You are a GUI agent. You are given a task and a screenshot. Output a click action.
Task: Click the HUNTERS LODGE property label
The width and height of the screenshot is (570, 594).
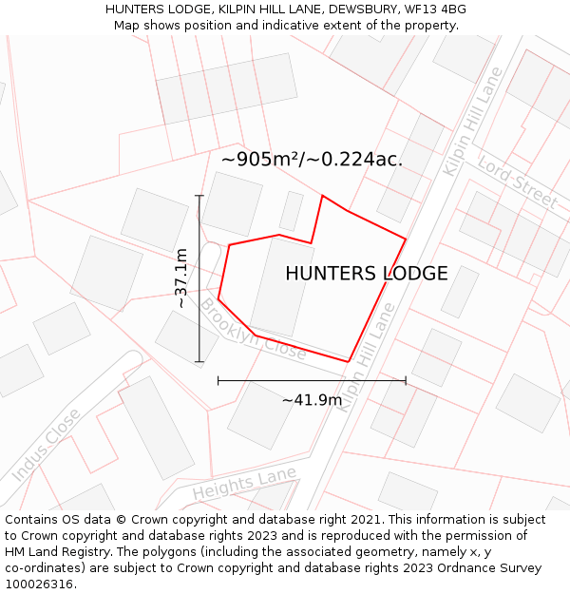(366, 274)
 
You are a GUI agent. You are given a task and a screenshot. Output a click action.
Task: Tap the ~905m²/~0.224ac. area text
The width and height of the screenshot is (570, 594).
(312, 159)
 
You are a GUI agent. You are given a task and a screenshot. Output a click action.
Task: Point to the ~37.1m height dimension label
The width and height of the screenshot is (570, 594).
(180, 278)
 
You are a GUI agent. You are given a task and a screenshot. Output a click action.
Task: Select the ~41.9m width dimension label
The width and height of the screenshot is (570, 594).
(312, 400)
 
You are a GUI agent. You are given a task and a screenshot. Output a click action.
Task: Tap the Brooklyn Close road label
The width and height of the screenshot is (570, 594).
(253, 330)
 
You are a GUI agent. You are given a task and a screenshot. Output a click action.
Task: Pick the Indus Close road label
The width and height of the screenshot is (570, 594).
(46, 445)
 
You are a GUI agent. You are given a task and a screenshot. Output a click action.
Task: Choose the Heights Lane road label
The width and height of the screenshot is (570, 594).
(244, 484)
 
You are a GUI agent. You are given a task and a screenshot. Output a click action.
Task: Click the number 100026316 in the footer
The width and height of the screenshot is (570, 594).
(40, 584)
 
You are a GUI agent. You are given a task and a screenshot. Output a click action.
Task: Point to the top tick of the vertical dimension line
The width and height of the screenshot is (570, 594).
(199, 196)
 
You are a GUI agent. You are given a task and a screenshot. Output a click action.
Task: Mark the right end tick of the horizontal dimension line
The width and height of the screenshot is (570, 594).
(406, 380)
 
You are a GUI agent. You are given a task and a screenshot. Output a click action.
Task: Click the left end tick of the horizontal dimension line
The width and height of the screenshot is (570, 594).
(218, 380)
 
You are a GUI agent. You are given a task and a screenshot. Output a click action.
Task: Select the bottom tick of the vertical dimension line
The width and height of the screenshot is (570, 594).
(199, 362)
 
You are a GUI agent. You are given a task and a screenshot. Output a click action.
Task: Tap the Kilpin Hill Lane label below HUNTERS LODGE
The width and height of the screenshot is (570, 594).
(367, 357)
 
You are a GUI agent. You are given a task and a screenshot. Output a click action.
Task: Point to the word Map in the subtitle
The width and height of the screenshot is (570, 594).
(127, 25)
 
